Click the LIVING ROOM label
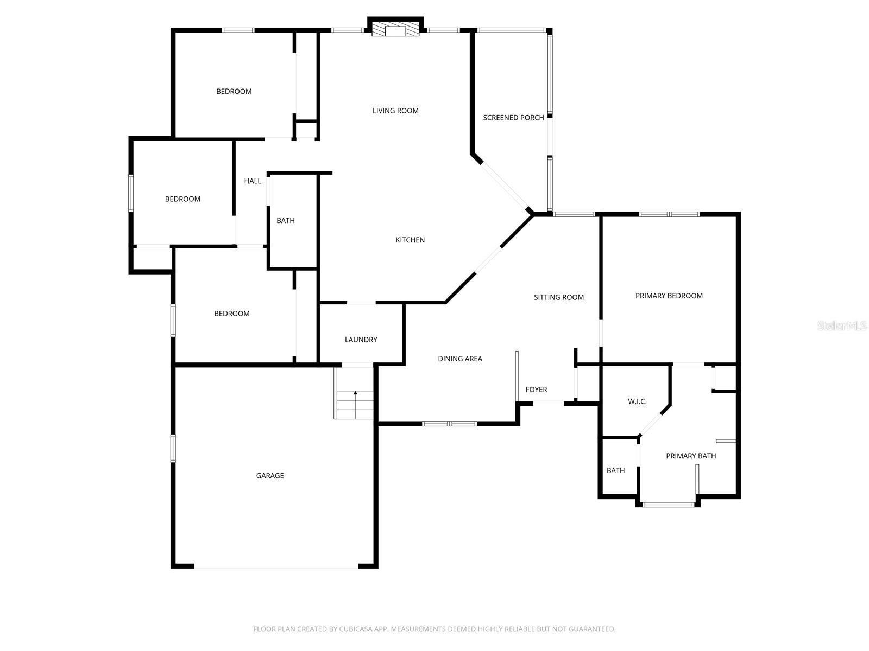point(395,111)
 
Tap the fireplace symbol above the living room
point(395,30)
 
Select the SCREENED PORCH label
point(513,118)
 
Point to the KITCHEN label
point(410,240)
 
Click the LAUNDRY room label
point(361,340)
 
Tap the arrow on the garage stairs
point(355,393)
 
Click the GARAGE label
point(270,476)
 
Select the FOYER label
point(536,390)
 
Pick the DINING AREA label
point(460,359)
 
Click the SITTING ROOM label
point(559,297)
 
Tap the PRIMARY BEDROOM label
point(669,296)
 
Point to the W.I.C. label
point(637,401)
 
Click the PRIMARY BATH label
point(691,456)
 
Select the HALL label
point(253,181)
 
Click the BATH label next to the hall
point(286,220)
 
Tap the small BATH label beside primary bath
point(615,470)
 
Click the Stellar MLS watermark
point(841,325)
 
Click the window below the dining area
point(449,423)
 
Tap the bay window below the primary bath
point(669,505)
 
